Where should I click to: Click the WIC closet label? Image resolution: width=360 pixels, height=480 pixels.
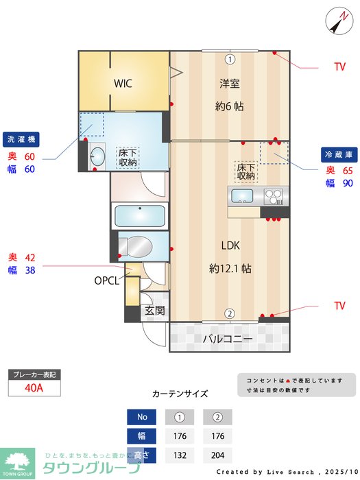click(x=123, y=84)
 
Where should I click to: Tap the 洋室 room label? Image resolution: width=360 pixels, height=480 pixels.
click(x=230, y=84)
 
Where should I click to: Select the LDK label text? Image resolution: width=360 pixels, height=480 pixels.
click(x=230, y=245)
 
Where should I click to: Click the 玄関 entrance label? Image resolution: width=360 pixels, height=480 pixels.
click(x=154, y=311)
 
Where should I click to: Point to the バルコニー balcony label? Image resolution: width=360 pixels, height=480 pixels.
click(x=228, y=339)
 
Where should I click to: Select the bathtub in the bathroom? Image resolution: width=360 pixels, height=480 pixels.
click(x=140, y=217)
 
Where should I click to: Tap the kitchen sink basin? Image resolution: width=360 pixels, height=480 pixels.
click(x=243, y=196)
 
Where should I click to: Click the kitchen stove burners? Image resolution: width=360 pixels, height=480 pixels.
click(x=274, y=196)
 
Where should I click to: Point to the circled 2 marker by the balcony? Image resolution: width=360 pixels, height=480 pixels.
click(x=230, y=314)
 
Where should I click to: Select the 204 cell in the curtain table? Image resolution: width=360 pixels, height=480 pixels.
click(x=217, y=455)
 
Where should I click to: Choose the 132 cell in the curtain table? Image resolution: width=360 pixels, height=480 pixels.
click(x=180, y=455)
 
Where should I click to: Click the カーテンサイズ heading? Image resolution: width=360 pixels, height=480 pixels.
click(x=180, y=394)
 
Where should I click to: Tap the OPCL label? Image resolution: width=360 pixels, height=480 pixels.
click(x=107, y=280)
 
